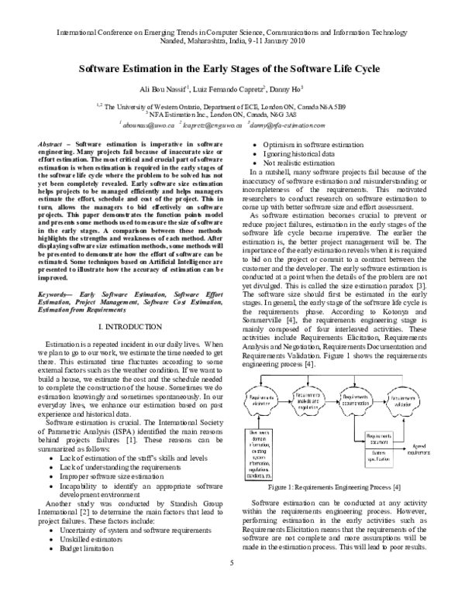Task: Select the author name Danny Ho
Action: (290, 89)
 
